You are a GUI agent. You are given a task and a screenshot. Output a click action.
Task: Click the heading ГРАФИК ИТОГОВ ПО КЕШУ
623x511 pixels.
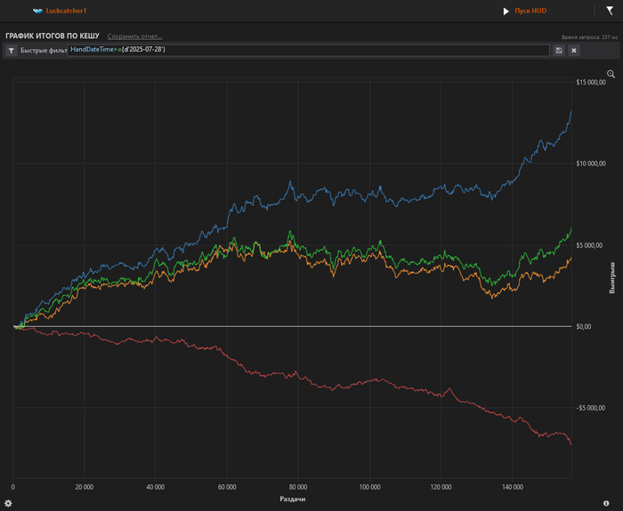coord(52,36)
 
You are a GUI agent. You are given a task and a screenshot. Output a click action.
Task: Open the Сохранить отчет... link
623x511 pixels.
coord(135,36)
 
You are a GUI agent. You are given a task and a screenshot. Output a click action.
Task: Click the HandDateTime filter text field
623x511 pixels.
coord(308,50)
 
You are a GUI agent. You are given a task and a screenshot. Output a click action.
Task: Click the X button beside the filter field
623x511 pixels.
coord(574,51)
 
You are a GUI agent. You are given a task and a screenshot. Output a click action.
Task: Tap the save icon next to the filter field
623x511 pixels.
coord(559,51)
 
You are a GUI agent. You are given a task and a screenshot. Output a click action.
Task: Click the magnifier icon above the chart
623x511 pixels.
coord(611,74)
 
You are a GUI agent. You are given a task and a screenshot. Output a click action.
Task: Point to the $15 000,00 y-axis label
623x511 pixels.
coord(591,83)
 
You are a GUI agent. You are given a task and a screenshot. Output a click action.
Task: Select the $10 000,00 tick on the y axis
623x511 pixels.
coord(591,164)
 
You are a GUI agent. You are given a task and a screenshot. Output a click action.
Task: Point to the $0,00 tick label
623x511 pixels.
coord(584,326)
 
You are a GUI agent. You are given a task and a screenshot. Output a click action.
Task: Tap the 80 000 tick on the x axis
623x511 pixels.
coord(298,487)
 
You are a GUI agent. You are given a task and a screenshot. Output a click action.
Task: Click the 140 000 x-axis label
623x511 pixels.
coord(512,487)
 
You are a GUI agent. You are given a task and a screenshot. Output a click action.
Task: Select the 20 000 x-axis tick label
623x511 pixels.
coord(85,487)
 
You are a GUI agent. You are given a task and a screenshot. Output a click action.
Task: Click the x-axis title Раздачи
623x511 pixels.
coord(293,499)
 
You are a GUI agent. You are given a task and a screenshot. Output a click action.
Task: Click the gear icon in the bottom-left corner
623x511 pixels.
coord(8,503)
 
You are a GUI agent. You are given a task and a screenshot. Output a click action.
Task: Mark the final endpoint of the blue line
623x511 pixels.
coord(570,110)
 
